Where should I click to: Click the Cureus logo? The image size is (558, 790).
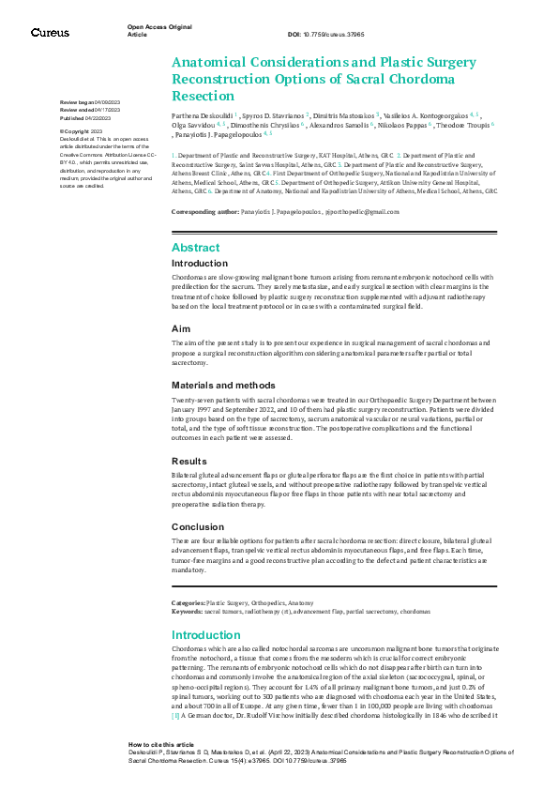(x=50, y=32)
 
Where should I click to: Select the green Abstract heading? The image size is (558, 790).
(x=195, y=248)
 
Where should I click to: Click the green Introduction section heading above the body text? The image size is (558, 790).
(x=206, y=635)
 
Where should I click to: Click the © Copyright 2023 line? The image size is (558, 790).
(x=83, y=131)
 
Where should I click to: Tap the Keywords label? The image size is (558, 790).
(x=186, y=611)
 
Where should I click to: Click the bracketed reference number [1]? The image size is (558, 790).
(x=175, y=715)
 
